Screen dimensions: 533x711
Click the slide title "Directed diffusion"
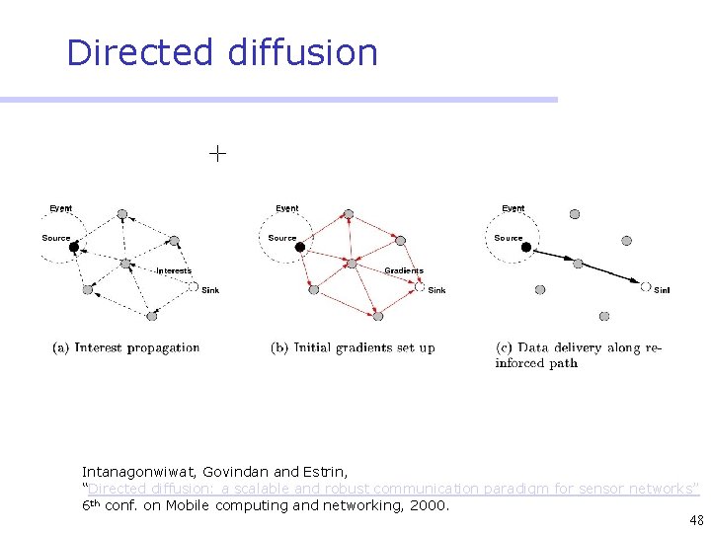tap(222, 52)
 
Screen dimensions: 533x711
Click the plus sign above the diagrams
tap(217, 153)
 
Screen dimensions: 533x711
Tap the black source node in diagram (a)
tap(73, 247)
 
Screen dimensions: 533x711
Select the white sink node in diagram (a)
tap(194, 287)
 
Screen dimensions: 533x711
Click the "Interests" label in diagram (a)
tap(174, 270)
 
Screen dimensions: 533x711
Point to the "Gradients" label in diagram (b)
tap(403, 270)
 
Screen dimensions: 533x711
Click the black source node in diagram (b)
tap(300, 247)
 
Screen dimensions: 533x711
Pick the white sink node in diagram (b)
tap(420, 287)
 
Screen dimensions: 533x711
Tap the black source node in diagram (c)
tap(526, 247)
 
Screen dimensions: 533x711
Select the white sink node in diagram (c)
tap(646, 287)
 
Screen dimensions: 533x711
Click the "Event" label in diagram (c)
tap(513, 208)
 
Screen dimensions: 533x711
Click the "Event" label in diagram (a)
tap(61, 208)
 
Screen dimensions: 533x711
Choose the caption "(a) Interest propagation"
tap(126, 347)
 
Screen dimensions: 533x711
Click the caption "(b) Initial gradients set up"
tap(353, 347)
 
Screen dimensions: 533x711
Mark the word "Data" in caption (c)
tap(533, 347)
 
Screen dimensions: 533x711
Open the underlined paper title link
tap(393, 489)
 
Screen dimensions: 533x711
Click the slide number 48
tap(697, 521)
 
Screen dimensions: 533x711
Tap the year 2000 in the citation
tap(431, 505)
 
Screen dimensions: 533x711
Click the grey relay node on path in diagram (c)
tap(579, 264)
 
